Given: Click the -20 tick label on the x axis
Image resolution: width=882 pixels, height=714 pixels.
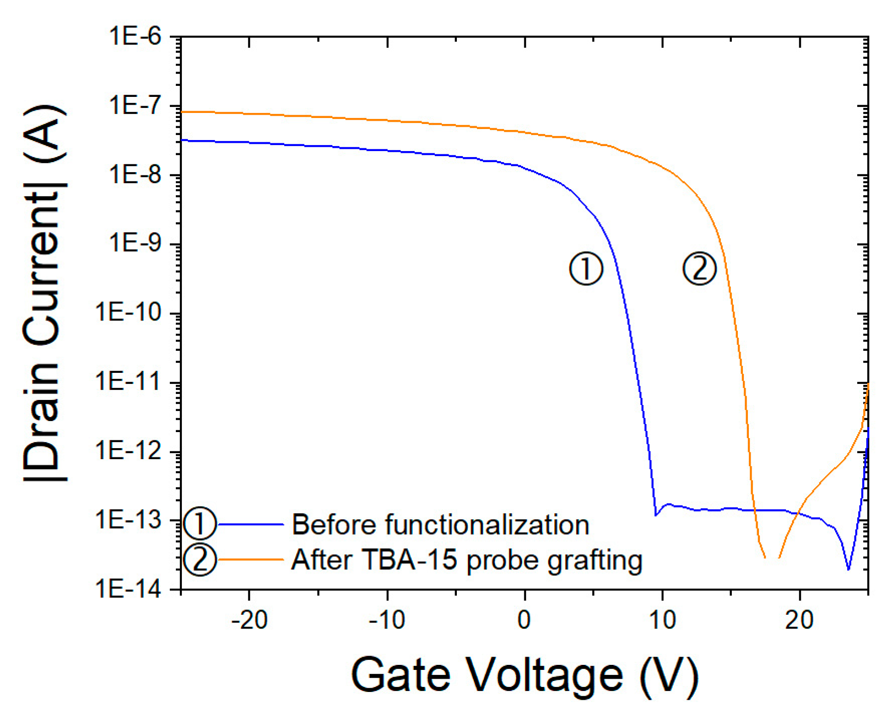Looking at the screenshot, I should (x=249, y=620).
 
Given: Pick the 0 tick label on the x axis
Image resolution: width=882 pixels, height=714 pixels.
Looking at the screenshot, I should (x=524, y=620).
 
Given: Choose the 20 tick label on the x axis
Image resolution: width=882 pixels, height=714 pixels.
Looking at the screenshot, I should (x=799, y=620).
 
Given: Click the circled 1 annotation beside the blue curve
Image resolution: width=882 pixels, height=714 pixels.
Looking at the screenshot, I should (x=586, y=269).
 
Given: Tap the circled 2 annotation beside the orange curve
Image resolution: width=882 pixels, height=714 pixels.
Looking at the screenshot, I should (x=699, y=269).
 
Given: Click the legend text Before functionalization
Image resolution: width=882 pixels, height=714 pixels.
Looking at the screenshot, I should (x=440, y=524).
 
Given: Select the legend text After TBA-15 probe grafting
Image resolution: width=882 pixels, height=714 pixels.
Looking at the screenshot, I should (x=466, y=560).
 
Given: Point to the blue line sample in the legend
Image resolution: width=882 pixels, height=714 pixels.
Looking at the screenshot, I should (x=251, y=524).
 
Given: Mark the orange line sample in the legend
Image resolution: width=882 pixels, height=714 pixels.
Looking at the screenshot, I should (x=251, y=559).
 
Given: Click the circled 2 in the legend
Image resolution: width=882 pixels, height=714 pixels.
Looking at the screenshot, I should (x=200, y=560).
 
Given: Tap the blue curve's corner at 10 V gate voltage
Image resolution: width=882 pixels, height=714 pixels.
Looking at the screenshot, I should (x=655, y=515).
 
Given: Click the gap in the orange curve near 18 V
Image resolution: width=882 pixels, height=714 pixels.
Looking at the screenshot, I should (x=772, y=557).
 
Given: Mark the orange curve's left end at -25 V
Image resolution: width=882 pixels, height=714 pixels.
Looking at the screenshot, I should (x=182, y=112).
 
